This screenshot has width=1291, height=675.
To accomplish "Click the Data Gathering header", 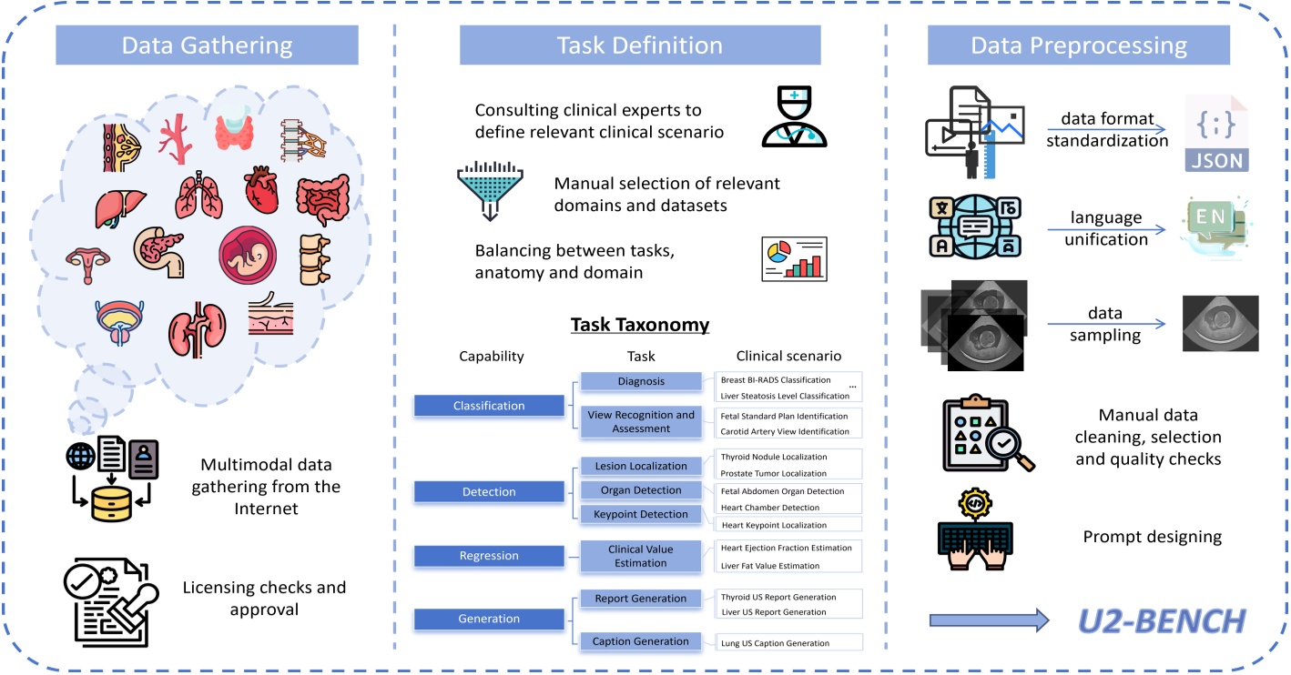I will click(207, 45).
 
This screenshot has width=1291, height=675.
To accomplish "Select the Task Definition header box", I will click(639, 45).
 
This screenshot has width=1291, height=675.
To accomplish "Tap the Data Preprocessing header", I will click(1078, 45).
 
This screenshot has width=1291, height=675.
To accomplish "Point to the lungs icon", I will click(198, 195).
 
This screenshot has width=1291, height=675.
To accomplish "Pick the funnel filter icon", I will click(492, 192).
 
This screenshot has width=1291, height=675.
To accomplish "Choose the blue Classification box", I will click(489, 406).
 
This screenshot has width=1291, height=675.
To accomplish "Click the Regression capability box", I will click(489, 556).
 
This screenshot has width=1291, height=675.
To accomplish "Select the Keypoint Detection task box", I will click(641, 514).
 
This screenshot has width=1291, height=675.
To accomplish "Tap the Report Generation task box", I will click(641, 599).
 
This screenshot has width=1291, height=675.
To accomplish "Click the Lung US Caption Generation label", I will click(774, 643).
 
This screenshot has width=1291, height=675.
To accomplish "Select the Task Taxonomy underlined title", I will click(639, 325).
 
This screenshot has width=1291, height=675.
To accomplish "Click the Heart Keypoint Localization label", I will click(774, 525).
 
